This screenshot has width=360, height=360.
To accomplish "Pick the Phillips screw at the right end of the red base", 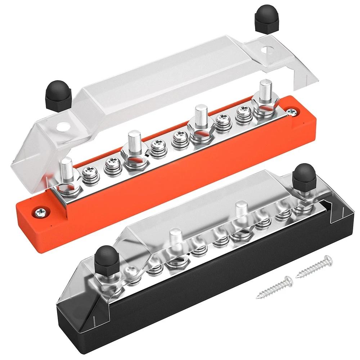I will [293, 113].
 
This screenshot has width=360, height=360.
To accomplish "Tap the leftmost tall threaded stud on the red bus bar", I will [67, 170].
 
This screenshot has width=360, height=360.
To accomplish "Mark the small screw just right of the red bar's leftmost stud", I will [88, 175].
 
